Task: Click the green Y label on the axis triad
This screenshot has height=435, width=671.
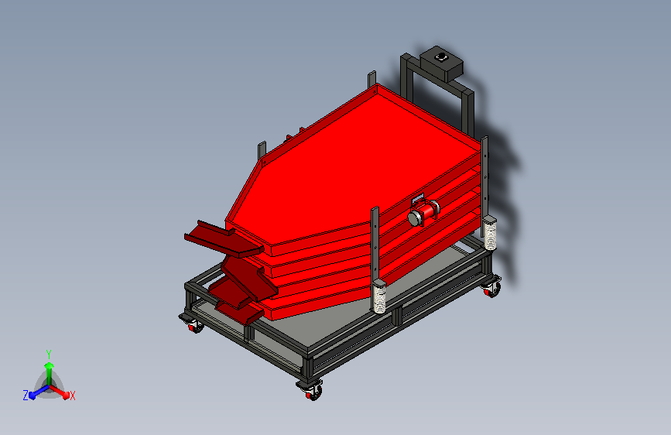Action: (49, 355)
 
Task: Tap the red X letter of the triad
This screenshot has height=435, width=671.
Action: (72, 396)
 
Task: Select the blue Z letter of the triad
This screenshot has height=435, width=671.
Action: (26, 396)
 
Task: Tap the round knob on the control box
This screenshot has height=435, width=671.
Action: (440, 57)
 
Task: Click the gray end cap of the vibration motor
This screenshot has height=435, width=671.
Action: (414, 218)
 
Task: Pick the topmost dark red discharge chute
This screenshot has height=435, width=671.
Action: (224, 239)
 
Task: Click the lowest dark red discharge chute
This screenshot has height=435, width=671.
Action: (240, 312)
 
